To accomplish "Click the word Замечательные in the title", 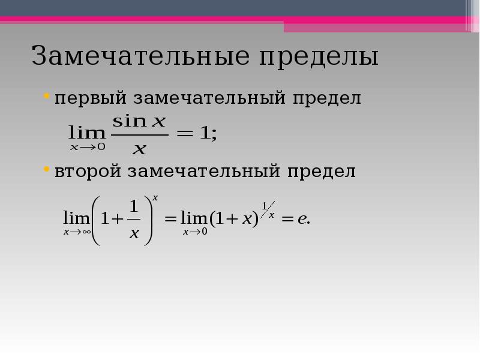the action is pos(140,55).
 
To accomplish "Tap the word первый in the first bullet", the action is pos(91,98).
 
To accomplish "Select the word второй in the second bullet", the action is pos(88,171).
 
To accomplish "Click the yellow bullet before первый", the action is pos(47,96).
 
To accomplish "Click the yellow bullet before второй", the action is pos(47,169).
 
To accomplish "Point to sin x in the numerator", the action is pos(139,121).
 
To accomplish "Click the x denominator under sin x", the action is pos(140,149).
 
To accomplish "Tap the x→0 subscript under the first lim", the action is pos(88,147).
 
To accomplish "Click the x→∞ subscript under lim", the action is pos(77,232).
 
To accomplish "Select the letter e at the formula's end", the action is pos(302,218).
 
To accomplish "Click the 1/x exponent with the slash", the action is pos(268,209).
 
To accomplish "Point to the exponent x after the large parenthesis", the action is pos(155,198).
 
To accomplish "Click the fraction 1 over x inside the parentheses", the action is pos(134,219).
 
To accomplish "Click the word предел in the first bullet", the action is pos(327,98).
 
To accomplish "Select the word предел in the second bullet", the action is pos(322,171).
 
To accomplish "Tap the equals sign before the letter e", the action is pos(287,219).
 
